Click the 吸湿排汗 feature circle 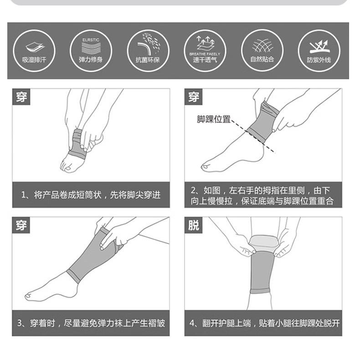click(x=34, y=51)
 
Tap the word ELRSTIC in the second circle click(x=91, y=40)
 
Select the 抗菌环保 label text click(x=148, y=60)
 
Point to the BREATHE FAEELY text click(x=205, y=54)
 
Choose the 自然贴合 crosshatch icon click(x=262, y=46)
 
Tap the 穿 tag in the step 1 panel click(x=21, y=97)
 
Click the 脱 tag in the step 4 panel click(x=193, y=225)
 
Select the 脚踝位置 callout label click(x=214, y=119)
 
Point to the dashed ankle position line click(x=253, y=136)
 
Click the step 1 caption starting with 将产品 click(x=91, y=195)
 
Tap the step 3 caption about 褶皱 click(x=91, y=323)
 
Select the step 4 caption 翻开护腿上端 click(x=264, y=323)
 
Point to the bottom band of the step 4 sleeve click(x=259, y=291)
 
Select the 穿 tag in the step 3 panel click(x=21, y=225)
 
